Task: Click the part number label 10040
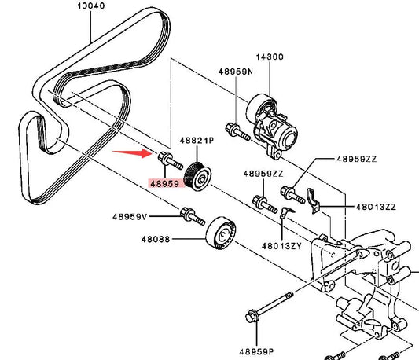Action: point(91,6)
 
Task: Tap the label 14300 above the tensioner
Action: point(270,57)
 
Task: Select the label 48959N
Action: point(236,72)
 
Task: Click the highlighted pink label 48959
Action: point(164,184)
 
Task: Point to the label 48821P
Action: point(197,141)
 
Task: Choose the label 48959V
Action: point(130,216)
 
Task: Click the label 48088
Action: point(156,239)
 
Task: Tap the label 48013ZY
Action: point(281,246)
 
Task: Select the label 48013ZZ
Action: point(376,207)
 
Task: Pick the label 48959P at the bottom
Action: point(256,352)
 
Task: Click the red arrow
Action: point(132,153)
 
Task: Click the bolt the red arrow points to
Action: point(171,160)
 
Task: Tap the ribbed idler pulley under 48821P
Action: point(198,176)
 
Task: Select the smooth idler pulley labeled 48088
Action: point(221,233)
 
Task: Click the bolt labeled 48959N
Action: point(238,131)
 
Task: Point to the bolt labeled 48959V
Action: point(193,216)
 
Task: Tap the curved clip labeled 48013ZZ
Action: point(313,200)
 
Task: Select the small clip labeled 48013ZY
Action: point(285,212)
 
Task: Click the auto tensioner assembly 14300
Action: point(272,126)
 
